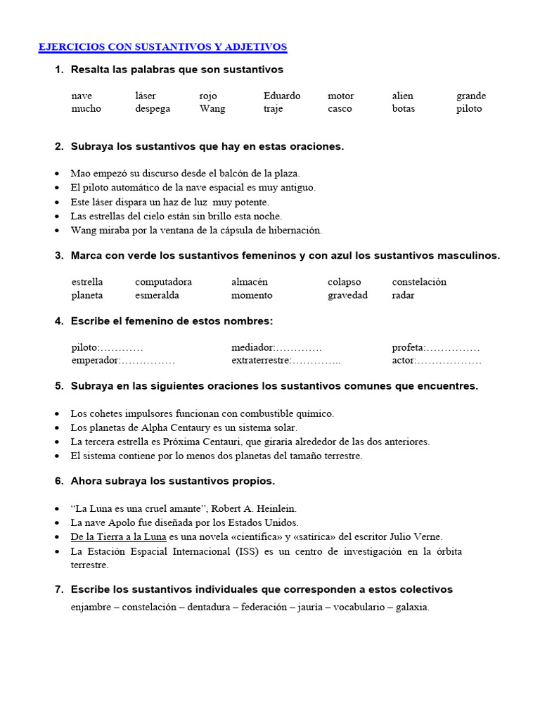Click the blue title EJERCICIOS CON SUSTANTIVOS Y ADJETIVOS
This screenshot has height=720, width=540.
tap(162, 47)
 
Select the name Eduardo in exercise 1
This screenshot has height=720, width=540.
tap(282, 96)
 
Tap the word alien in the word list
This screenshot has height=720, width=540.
tap(403, 96)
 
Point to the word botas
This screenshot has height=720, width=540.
tap(404, 109)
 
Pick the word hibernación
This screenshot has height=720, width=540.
tap(292, 230)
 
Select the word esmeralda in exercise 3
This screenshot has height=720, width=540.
tap(157, 295)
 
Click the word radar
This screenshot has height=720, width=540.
tap(403, 295)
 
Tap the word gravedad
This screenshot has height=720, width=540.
tap(347, 295)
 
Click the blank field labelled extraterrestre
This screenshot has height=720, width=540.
tap(316, 361)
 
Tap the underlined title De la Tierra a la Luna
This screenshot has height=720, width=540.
tap(118, 537)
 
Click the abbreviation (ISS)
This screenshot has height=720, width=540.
tap(250, 551)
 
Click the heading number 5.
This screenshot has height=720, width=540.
tap(59, 386)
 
